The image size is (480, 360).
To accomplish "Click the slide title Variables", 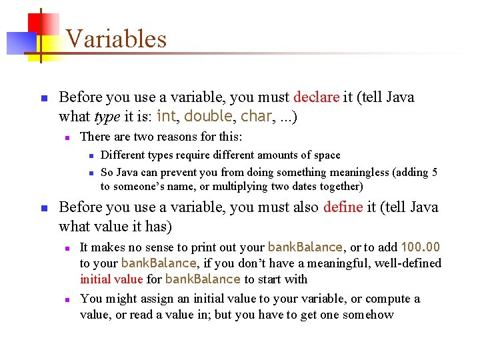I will pyautogui.click(x=116, y=39).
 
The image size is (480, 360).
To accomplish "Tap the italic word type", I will pyautogui.click(x=107, y=117).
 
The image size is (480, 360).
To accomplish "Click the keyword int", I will pyautogui.click(x=167, y=117).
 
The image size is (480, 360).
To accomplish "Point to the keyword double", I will pyautogui.click(x=208, y=117).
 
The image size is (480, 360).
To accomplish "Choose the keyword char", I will pyautogui.click(x=256, y=117).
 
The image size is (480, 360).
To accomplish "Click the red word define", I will pyautogui.click(x=343, y=207).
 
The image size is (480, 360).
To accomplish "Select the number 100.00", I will pyautogui.click(x=420, y=247).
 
